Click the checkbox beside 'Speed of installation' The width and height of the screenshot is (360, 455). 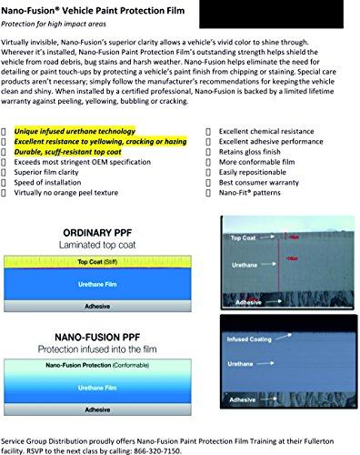tap(4, 183)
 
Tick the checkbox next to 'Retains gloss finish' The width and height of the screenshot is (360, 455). tap(208, 152)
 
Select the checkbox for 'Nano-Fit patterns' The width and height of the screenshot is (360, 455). tap(208, 193)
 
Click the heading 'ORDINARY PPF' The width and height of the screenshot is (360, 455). tap(97, 233)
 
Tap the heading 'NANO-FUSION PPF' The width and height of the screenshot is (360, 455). tap(97, 337)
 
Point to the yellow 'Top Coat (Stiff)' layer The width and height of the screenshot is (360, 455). tap(97, 262)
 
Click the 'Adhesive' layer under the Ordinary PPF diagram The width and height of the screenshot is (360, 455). tap(97, 306)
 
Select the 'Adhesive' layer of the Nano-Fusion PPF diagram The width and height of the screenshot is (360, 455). tap(97, 409)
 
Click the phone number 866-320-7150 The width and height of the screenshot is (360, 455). tap(157, 450)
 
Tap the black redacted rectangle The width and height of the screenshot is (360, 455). tap(271, 14)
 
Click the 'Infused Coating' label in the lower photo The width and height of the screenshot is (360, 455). tap(249, 339)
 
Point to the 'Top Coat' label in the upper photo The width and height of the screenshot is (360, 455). tap(243, 238)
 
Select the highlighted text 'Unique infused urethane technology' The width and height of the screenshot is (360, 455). tap(75, 131)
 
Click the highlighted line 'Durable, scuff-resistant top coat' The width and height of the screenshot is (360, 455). tap(67, 152)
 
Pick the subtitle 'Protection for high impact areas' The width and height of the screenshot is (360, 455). tap(54, 24)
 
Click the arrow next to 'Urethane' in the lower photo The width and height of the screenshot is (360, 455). tap(265, 363)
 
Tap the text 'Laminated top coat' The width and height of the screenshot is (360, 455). tap(97, 245)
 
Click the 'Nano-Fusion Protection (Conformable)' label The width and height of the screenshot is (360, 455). tap(97, 365)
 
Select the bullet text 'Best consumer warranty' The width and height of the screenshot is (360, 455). tap(259, 183)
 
